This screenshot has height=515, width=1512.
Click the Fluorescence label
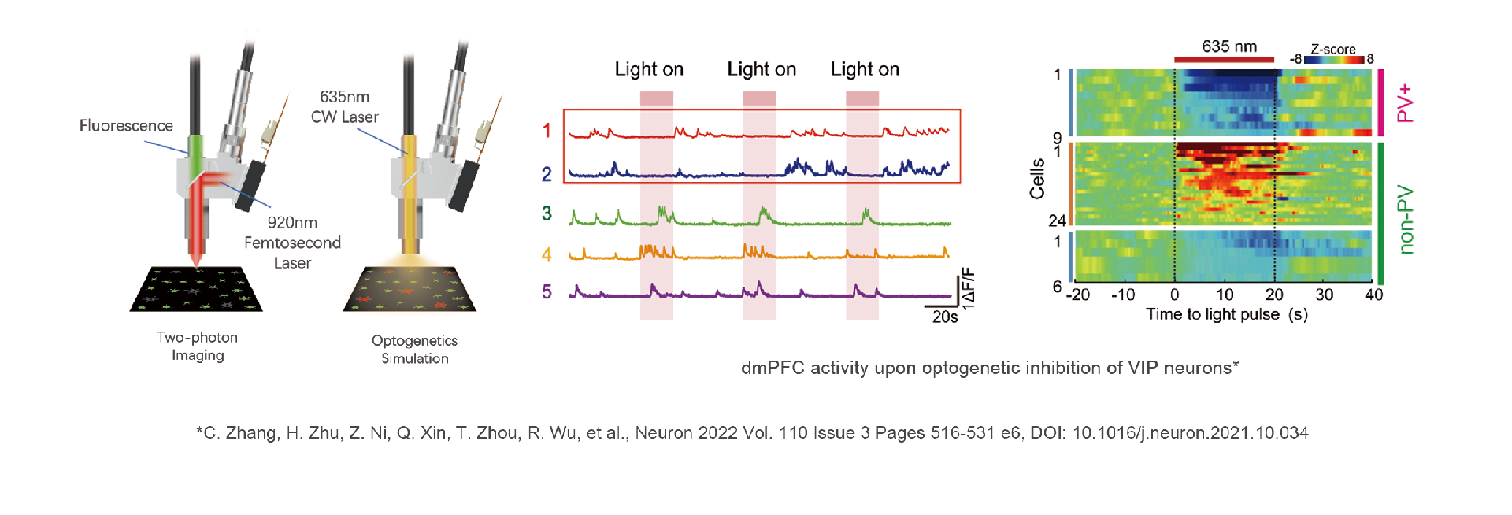coord(126,125)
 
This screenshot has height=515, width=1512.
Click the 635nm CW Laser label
coord(345,107)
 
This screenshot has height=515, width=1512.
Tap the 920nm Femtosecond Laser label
coord(292,243)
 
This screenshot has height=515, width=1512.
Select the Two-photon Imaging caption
coord(197,346)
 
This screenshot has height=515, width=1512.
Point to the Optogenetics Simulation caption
coord(414,350)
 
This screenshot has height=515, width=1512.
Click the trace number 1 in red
coord(547,131)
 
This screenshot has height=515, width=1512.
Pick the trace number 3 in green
coord(547,213)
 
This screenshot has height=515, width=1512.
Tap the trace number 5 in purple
coord(547,292)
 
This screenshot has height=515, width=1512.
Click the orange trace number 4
coord(547,254)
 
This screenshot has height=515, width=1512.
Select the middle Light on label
coord(762,69)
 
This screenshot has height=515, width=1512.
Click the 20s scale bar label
coord(944,317)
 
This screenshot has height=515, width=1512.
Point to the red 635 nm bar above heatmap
coord(1224,59)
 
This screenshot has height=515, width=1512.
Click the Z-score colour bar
coord(1333,59)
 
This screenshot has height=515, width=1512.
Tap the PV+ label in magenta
coord(1405,103)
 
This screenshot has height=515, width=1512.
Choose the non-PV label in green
coord(1405,220)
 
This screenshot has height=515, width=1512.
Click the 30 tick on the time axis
coord(1324,295)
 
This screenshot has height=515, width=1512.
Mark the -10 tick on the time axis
coord(1122,295)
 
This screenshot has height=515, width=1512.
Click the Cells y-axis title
coord(1037,179)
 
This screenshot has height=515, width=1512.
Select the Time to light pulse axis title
coord(1226,314)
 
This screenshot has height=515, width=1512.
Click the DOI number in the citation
coord(1190,432)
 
